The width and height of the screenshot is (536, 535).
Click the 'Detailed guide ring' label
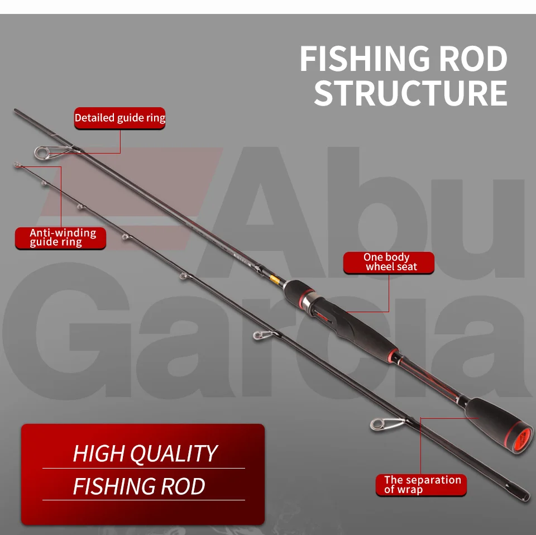click(x=119, y=118)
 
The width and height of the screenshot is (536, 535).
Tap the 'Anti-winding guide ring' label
click(x=60, y=237)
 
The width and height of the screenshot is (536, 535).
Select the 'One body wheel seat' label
click(x=388, y=262)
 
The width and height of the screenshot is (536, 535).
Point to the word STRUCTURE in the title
click(x=410, y=93)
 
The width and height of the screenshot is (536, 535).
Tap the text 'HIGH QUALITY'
click(x=144, y=453)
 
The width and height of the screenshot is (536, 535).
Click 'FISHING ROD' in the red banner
click(x=138, y=486)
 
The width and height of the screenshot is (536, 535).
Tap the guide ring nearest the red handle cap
click(x=378, y=424)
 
